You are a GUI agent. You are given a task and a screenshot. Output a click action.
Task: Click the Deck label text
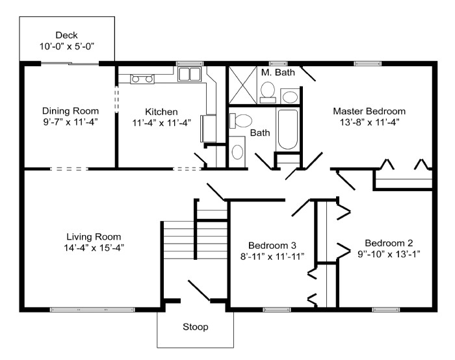tap(66, 35)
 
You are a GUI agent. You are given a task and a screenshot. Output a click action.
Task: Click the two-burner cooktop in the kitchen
tap(142, 79)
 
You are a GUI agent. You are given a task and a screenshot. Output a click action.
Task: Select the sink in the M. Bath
tap(290, 97)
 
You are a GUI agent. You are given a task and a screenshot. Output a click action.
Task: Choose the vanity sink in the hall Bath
tap(238, 152)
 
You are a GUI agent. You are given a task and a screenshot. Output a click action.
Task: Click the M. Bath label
tap(278, 72)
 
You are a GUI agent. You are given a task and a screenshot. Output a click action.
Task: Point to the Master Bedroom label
tap(369, 111)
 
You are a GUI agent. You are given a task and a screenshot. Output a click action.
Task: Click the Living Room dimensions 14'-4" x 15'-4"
tap(94, 247)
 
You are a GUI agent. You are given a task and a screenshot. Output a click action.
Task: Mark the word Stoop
tap(195, 327)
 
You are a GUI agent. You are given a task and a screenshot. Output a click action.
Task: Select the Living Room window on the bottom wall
tap(89, 309)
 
